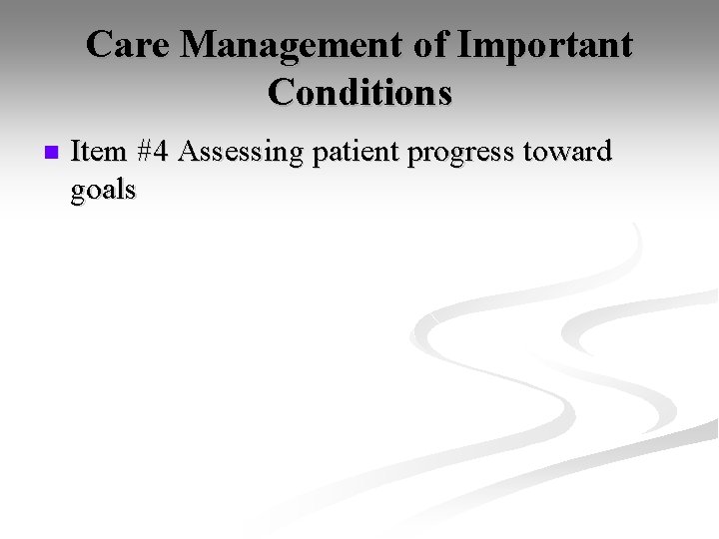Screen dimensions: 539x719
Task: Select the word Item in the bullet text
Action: pyautogui.click(x=98, y=152)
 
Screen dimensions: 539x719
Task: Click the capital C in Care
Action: pyautogui.click(x=100, y=45)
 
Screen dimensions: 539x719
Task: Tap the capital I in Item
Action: pyautogui.click(x=77, y=152)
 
